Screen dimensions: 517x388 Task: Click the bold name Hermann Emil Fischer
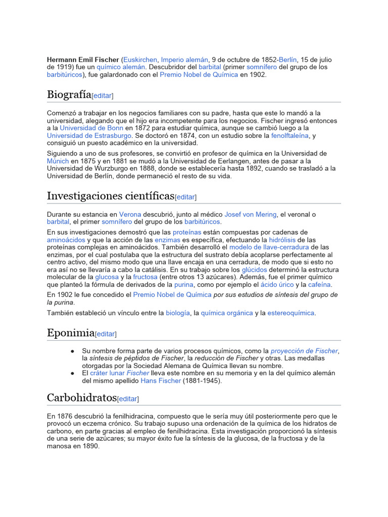pyautogui.click(x=83, y=60)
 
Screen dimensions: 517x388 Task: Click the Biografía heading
pyautogui.click(x=69, y=94)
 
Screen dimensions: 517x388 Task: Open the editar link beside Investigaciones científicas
pyautogui.click(x=186, y=197)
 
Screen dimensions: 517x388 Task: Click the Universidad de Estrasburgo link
pyautogui.click(x=89, y=136)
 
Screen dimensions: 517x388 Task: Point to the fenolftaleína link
pyautogui.click(x=289, y=136)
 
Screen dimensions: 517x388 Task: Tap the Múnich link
pyautogui.click(x=58, y=161)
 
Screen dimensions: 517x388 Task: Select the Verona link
pyautogui.click(x=130, y=214)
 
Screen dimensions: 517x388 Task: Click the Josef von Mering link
pyautogui.click(x=251, y=214)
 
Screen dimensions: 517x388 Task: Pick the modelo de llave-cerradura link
pyautogui.click(x=269, y=247)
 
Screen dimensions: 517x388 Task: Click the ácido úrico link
pyautogui.click(x=277, y=285)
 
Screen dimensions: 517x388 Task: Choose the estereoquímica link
pyautogui.click(x=291, y=313)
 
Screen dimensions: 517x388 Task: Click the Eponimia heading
pyautogui.click(x=71, y=333)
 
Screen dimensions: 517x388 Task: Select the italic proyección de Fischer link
pyautogui.click(x=304, y=351)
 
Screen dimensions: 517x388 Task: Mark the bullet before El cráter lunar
pyautogui.click(x=73, y=373)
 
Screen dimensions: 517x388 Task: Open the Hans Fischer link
pyautogui.click(x=160, y=381)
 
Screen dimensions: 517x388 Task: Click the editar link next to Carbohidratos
pyautogui.click(x=128, y=398)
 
